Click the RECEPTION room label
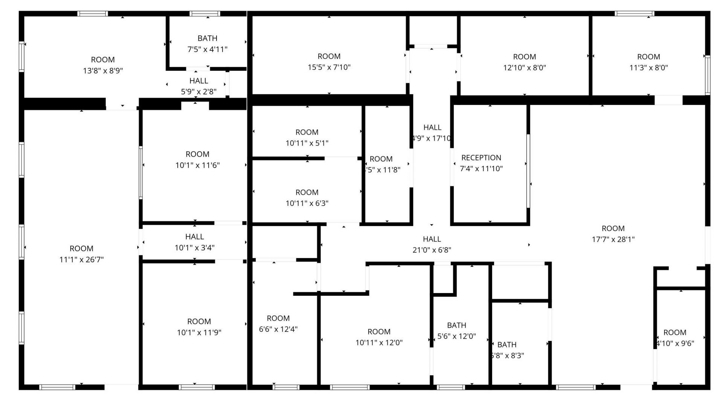481,158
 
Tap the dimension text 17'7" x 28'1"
613,239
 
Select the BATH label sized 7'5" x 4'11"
207,38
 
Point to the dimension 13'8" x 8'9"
103,71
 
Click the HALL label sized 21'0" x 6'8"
432,239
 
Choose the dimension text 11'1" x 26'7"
81,259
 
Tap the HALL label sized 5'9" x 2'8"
198,81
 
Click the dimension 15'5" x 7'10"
329,67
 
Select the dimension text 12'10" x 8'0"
524,68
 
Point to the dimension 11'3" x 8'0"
648,68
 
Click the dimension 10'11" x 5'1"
307,143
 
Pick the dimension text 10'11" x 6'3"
307,204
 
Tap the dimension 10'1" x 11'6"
197,165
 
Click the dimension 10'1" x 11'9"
199,333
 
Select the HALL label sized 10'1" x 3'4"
194,237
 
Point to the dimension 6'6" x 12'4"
278,329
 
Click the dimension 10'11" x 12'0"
379,343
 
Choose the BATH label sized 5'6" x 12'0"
456,325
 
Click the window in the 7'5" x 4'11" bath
205,14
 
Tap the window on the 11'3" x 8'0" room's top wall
634,14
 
